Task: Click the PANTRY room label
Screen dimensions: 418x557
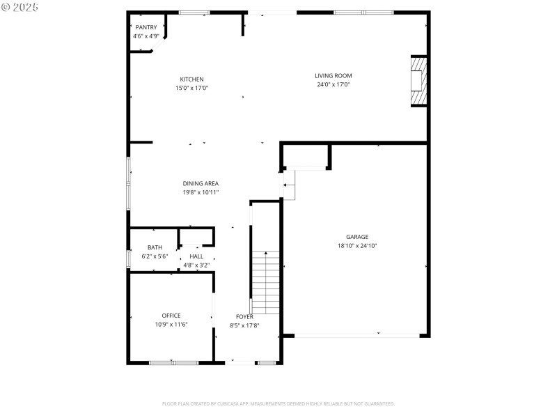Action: coord(146,27)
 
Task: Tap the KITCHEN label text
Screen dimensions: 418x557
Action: coord(191,79)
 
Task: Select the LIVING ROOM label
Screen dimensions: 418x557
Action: coord(333,76)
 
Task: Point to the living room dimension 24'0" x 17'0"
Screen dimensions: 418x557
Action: coord(333,85)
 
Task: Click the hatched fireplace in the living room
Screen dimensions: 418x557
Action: coord(418,81)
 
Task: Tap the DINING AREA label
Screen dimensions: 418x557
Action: coord(201,184)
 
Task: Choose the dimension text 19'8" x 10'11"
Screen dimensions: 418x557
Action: coord(201,192)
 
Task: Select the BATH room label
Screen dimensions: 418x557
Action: coord(155,247)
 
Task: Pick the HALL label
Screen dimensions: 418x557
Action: coord(196,256)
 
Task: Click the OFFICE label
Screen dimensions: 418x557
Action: coord(171,316)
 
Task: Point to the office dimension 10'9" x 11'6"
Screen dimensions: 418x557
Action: coord(171,324)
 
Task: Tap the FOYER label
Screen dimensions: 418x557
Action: coord(244,316)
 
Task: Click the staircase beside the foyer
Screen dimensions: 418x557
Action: coord(265,282)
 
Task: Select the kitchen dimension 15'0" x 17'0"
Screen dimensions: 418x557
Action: coord(191,88)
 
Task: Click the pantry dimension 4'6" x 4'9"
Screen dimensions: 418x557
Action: coord(146,36)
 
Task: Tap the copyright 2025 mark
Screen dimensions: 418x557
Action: coord(19,6)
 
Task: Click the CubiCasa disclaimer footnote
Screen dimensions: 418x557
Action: coord(278,403)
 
